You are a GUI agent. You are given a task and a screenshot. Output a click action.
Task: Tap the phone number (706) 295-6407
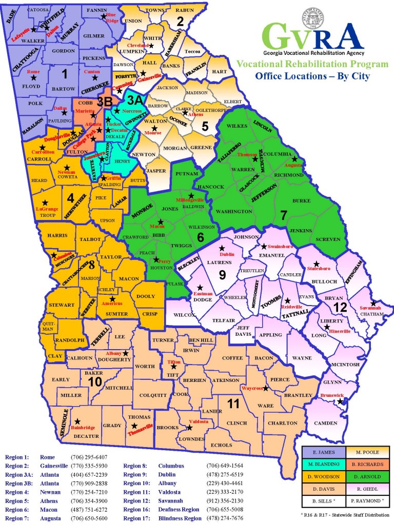[89, 456]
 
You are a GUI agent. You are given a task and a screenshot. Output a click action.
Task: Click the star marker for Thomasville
[134, 426]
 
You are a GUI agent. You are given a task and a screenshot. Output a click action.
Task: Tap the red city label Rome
[33, 71]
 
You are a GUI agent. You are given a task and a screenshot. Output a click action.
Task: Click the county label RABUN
[185, 10]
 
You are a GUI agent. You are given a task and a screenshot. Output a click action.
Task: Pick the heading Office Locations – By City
[312, 76]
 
